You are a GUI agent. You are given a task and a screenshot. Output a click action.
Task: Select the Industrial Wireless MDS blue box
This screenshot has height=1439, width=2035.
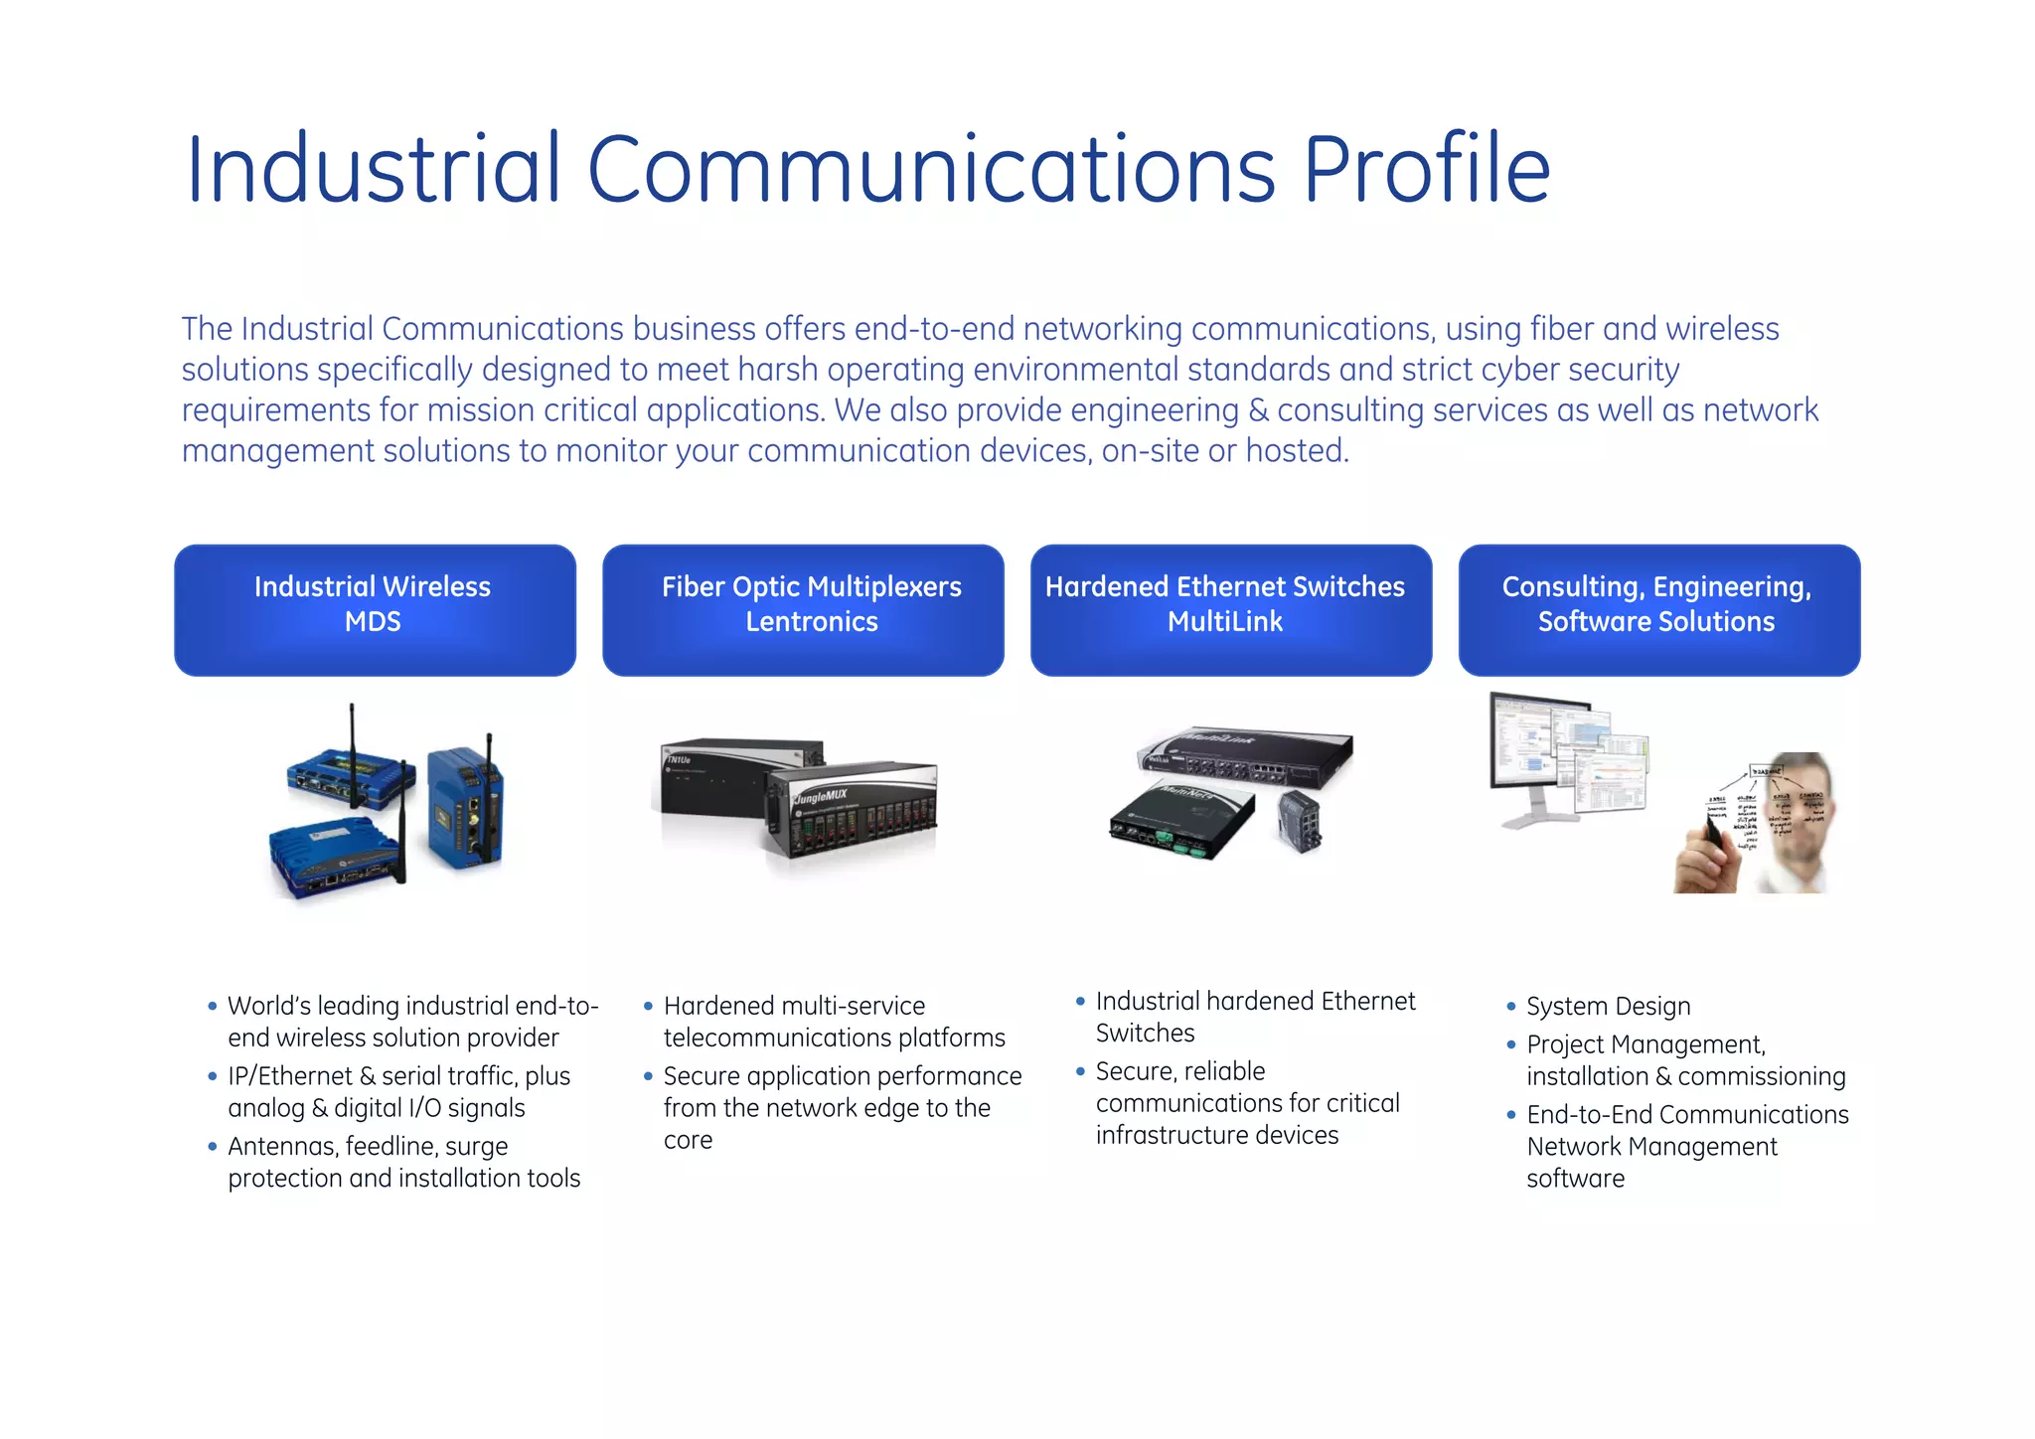pos(375,610)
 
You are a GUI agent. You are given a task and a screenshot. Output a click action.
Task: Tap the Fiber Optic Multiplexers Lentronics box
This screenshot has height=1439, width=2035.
pos(803,610)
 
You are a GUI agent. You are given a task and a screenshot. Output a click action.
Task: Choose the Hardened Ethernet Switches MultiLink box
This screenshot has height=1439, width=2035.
pos(1231,610)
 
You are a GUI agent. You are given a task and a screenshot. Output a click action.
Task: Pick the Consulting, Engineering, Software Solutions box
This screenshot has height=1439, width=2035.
pos(1658,610)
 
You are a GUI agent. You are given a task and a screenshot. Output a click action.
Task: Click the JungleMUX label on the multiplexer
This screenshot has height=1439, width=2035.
pos(821,796)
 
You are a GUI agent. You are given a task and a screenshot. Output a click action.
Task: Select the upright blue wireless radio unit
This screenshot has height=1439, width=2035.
pos(463,807)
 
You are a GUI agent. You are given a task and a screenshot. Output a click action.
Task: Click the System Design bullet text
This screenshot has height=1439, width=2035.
pos(1608,1007)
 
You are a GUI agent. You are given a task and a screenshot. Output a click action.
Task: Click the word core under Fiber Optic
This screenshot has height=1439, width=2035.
pos(688,1140)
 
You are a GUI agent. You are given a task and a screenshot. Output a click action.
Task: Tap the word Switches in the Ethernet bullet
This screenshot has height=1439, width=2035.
pos(1145,1034)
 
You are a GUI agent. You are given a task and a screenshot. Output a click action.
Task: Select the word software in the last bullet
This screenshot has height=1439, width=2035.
pos(1575,1179)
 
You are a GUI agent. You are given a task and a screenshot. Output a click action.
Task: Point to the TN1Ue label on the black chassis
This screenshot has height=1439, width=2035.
pos(679,760)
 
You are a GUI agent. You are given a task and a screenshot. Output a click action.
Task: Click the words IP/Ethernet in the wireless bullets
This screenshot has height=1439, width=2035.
pos(289,1076)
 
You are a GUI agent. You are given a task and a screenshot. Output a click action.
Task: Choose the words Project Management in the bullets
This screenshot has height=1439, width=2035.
pos(1644,1044)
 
